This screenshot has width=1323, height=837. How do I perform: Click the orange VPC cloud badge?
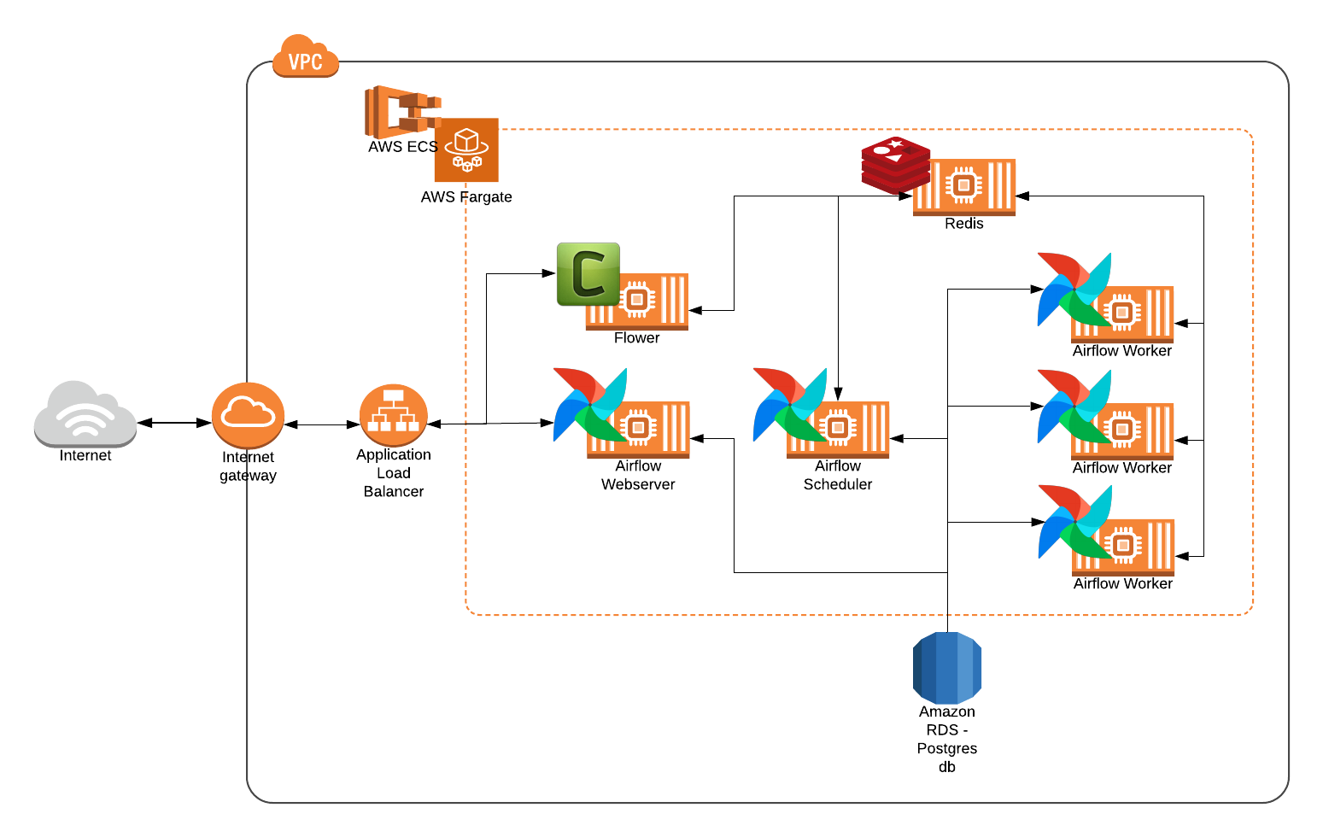[x=305, y=56]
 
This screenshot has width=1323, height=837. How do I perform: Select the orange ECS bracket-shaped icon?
[x=397, y=112]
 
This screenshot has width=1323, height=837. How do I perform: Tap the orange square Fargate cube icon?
[x=465, y=150]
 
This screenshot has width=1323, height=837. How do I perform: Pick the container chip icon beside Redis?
[x=965, y=185]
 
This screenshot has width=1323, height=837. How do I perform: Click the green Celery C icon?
[x=588, y=274]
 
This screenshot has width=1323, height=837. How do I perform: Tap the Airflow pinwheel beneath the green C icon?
[x=589, y=405]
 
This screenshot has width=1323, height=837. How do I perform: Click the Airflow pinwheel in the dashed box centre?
[x=789, y=405]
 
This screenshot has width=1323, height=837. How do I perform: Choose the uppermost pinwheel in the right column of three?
[x=1074, y=290]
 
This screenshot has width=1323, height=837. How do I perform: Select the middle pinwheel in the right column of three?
[x=1074, y=407]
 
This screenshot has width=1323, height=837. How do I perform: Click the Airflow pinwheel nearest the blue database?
[x=1074, y=522]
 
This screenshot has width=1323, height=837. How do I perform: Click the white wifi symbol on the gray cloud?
[x=85, y=419]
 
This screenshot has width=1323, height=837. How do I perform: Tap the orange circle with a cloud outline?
[x=248, y=415]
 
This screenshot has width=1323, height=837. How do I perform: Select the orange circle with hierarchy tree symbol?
[x=393, y=414]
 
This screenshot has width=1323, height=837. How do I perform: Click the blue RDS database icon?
[x=947, y=668]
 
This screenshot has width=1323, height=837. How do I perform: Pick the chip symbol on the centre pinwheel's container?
[x=838, y=428]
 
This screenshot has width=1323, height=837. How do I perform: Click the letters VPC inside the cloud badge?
[x=305, y=62]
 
